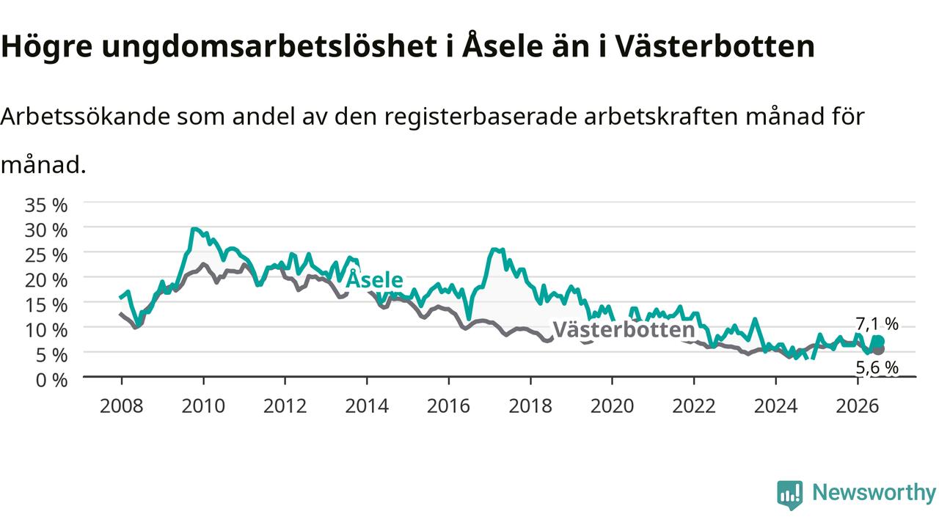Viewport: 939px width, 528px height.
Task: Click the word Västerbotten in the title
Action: (715, 45)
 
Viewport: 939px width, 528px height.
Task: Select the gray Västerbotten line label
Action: (624, 329)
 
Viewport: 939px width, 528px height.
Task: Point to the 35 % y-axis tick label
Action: (46, 205)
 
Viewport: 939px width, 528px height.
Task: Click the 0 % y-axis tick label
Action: (51, 381)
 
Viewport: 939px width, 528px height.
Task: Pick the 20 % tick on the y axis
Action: (46, 280)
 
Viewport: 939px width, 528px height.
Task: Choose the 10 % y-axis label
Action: (46, 330)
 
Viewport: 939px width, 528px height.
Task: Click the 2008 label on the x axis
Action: (122, 406)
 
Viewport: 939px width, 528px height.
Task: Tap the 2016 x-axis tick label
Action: (448, 406)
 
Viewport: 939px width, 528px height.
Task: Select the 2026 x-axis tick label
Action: (858, 406)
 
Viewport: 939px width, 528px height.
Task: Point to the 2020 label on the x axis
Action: (612, 406)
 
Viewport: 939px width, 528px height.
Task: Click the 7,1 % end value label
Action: (877, 324)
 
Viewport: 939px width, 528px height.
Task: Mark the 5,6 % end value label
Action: (877, 367)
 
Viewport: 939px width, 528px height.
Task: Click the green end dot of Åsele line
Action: (879, 341)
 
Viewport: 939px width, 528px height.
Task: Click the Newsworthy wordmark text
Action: (874, 492)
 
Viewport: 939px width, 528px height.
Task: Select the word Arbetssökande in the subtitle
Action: (85, 116)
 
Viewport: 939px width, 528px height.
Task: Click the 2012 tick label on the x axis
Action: (285, 406)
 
